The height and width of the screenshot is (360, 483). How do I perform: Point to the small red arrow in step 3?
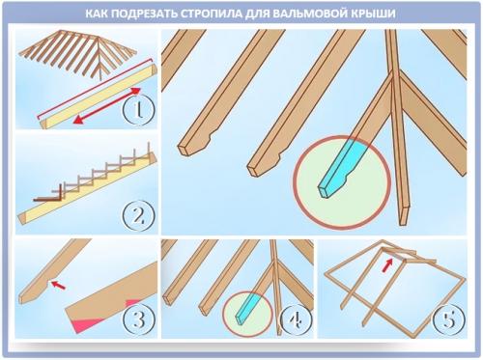60,285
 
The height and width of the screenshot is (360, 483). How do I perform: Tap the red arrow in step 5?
387,259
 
